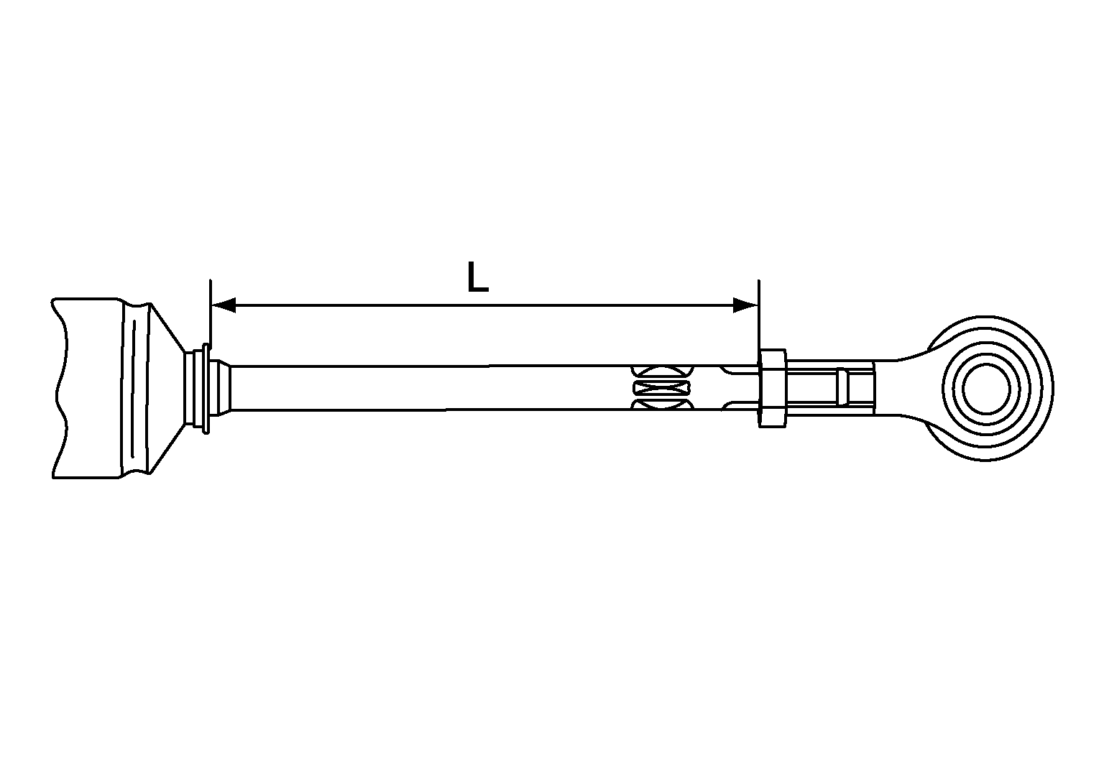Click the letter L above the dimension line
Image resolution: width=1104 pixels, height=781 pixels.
click(x=477, y=277)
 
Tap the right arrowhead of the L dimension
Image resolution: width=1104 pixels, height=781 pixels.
click(x=745, y=305)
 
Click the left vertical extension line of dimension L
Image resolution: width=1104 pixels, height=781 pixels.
click(x=210, y=316)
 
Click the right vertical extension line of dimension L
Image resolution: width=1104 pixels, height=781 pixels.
click(x=759, y=316)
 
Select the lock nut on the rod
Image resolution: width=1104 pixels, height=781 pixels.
click(x=772, y=389)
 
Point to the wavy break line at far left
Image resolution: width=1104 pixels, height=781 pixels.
click(x=60, y=388)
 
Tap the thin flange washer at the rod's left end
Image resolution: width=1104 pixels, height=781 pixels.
click(x=207, y=389)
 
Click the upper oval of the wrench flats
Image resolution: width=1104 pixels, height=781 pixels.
click(x=661, y=372)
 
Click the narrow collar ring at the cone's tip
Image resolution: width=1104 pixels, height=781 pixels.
click(x=193, y=389)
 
